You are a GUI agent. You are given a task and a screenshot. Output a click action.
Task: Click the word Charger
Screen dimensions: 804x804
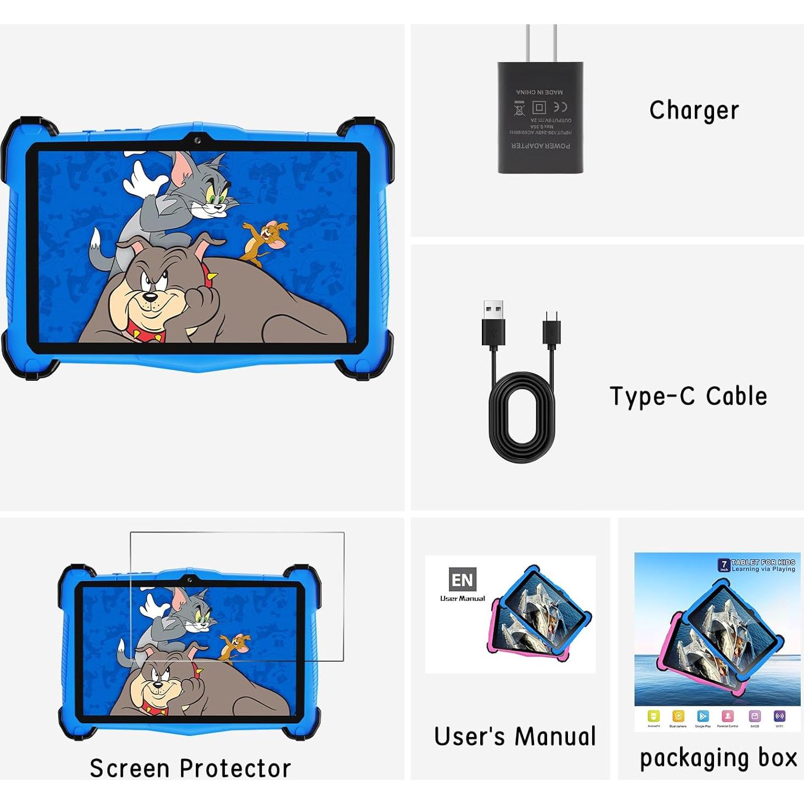(694, 110)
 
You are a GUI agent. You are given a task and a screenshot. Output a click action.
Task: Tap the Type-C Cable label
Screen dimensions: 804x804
(688, 396)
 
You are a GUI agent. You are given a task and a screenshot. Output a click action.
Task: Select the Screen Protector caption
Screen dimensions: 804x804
(190, 768)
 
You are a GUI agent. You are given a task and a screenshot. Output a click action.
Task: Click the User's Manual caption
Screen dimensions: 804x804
(515, 736)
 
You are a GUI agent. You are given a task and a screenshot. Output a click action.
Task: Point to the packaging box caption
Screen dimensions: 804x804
(718, 758)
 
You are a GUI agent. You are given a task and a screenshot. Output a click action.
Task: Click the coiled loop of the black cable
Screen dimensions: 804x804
(521, 417)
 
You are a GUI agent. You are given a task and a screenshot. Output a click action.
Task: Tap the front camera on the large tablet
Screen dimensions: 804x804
(197, 141)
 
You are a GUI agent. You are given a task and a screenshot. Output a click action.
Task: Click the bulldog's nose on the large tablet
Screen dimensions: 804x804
(149, 299)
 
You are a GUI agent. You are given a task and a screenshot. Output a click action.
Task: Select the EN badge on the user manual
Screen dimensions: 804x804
(462, 580)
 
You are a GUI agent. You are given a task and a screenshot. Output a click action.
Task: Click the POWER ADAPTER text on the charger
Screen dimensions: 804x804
(541, 146)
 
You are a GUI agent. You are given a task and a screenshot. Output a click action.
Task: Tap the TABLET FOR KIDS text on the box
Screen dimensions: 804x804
(763, 562)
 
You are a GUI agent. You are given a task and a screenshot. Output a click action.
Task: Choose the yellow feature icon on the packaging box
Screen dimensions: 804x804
(653, 716)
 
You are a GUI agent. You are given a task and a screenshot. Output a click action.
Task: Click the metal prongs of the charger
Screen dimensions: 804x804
(541, 43)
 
